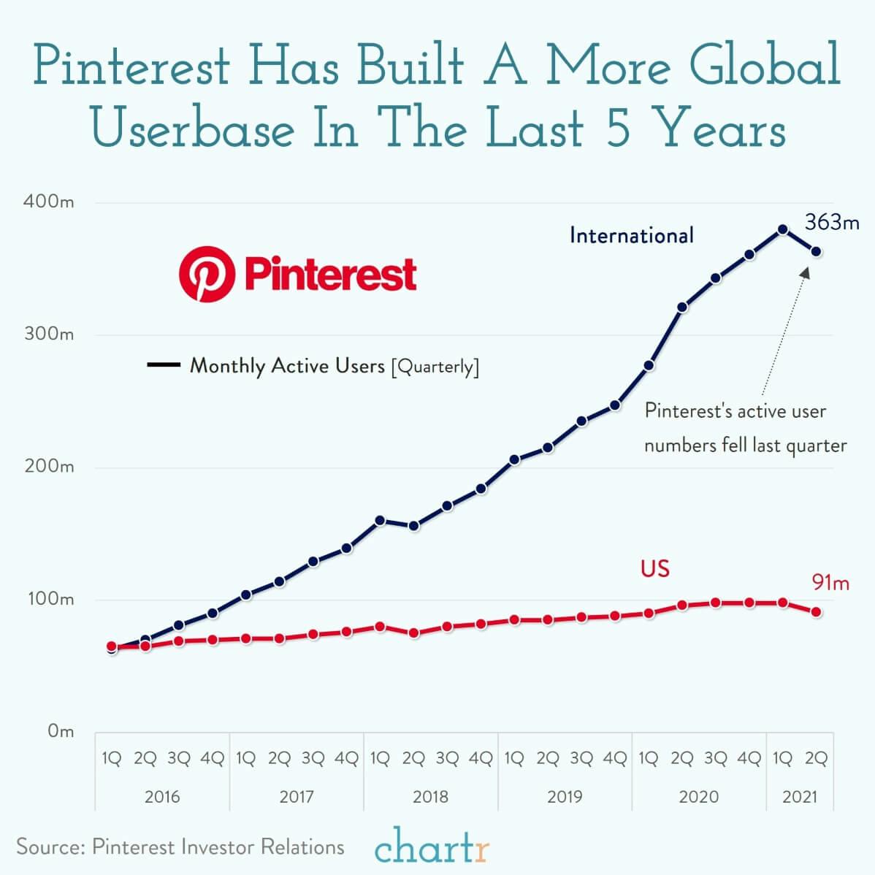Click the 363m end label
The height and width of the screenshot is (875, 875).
coord(832,222)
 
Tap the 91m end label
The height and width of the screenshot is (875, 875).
coord(830,583)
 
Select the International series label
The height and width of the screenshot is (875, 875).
coord(631,235)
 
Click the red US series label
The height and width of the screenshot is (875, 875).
coord(654,568)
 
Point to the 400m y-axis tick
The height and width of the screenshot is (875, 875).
coord(49,202)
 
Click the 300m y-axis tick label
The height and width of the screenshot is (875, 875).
coord(49,335)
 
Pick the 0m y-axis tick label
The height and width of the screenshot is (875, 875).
coord(60,731)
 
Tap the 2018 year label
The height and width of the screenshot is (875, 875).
coord(430,796)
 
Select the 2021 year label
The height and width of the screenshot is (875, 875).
coord(799,796)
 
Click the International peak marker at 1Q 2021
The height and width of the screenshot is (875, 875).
coord(782,229)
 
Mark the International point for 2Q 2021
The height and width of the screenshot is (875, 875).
coord(816,252)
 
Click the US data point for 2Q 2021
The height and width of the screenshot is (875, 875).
coord(816,612)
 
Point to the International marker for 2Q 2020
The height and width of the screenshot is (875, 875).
coord(682,307)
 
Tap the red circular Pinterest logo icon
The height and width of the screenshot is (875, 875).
coord(207,274)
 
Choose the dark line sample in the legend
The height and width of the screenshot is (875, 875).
coord(164,365)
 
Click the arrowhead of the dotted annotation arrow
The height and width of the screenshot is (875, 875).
coord(806,270)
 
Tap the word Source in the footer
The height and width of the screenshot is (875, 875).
coord(48,847)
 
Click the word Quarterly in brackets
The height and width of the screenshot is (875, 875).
coord(435,367)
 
